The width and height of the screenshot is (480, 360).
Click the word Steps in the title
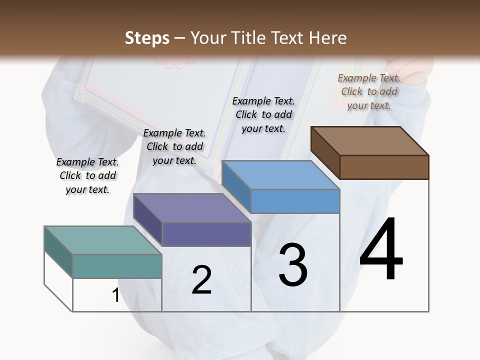coord(147,38)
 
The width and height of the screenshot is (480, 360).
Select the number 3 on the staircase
coord(293,265)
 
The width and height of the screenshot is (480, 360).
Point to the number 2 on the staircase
coord(201,280)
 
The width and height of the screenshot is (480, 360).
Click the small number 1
coord(115,295)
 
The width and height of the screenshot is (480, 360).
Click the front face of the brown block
coord(384,167)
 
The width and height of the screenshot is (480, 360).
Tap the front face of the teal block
coord(117,266)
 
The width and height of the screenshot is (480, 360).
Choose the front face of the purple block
coord(206,234)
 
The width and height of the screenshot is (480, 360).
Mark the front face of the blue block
coord(295,201)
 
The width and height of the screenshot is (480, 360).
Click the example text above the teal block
coord(87,175)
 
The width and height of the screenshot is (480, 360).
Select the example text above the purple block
coord(174,146)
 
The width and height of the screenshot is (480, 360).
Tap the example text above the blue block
coord(263,114)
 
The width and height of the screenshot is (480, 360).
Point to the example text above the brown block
coord(369,91)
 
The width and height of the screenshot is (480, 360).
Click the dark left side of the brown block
coord(325,152)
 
